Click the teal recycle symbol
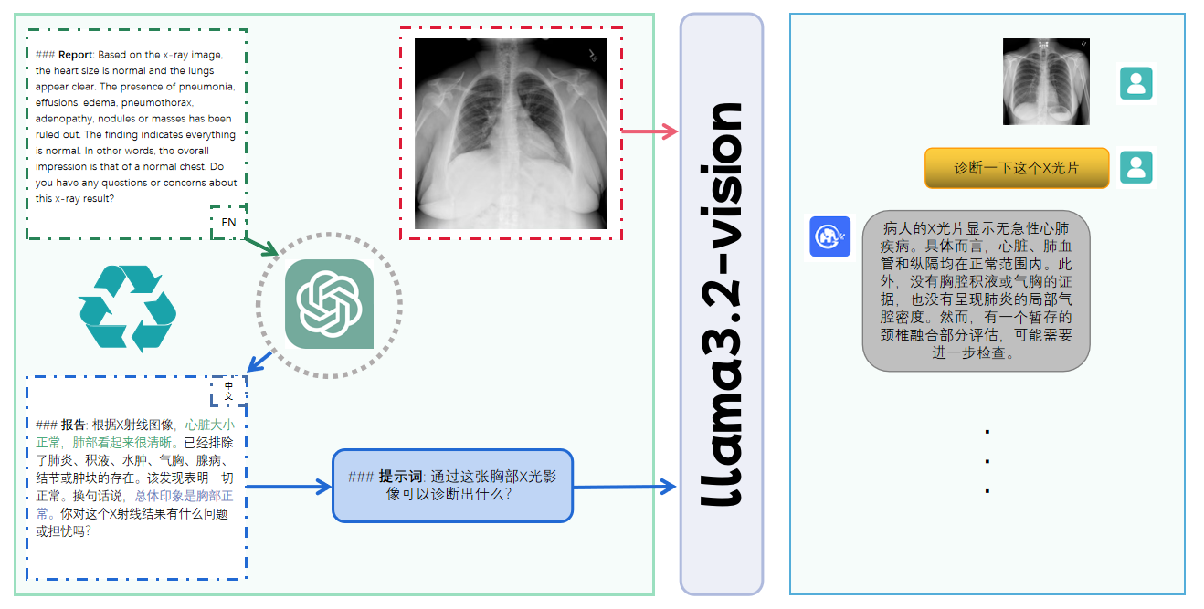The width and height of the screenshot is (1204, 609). click(127, 309)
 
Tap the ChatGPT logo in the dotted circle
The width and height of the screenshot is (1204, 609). click(329, 304)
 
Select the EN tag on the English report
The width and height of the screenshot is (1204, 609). click(228, 222)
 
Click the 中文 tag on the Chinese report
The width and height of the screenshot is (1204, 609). click(228, 391)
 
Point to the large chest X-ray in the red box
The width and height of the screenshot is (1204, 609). click(511, 133)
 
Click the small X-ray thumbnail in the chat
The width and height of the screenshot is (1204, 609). click(1046, 81)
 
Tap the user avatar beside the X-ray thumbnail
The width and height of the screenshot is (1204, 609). click(1135, 83)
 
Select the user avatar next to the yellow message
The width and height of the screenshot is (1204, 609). click(1135, 168)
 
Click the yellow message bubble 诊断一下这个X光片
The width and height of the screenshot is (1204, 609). click(1016, 168)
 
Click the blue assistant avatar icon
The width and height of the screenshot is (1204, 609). click(829, 236)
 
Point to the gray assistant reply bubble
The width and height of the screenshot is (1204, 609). click(976, 290)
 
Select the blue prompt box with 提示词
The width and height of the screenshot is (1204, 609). click(452, 486)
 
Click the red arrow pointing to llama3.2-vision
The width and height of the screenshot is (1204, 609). click(650, 131)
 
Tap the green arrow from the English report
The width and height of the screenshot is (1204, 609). click(262, 247)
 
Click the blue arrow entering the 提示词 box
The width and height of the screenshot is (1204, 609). click(289, 487)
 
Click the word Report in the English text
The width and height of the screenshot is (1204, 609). click(76, 55)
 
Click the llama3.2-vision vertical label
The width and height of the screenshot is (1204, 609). click(722, 303)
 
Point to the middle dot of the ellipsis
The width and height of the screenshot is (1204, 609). click(987, 461)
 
